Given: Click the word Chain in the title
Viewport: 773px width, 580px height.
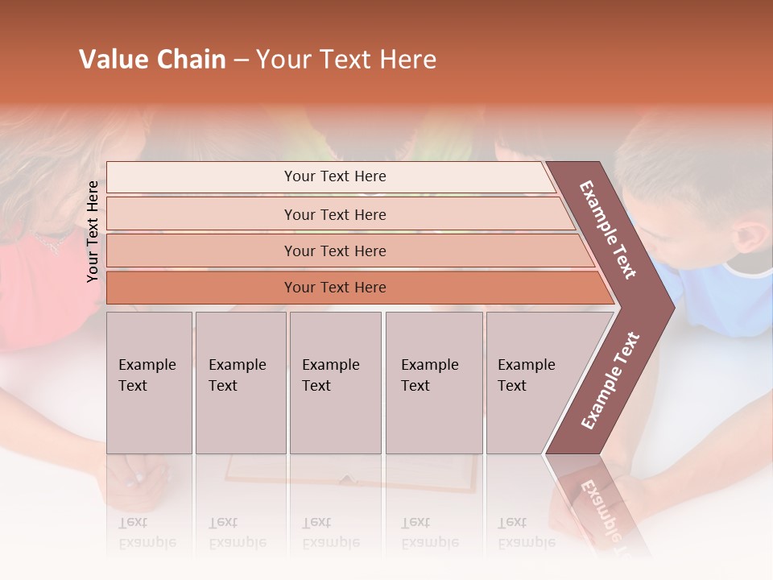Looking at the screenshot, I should pos(191,60).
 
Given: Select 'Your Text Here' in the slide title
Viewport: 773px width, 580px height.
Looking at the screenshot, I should pos(346,60).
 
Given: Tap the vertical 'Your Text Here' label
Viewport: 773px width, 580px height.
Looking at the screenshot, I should pos(93,231).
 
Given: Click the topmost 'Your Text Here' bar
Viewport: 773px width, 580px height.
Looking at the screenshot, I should pos(334,176).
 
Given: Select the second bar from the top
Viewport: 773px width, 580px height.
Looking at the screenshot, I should pos(334,214).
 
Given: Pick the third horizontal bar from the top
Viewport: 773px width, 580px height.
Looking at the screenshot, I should pos(334,251).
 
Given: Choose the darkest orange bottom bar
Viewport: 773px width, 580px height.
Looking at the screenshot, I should pos(334,288).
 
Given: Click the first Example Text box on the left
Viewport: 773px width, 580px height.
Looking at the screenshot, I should pos(149,383).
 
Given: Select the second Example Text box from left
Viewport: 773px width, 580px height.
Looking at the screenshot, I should pos(240,383).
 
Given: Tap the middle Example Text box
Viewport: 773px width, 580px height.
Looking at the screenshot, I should pos(335,383).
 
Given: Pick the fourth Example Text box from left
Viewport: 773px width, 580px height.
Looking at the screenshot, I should pos(433,383).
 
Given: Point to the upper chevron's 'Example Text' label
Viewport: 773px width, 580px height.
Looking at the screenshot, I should pos(608,230).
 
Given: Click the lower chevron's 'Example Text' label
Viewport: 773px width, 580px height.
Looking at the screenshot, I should pos(610,380).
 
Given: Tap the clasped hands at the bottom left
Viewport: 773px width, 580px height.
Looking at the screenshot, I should pos(138,475).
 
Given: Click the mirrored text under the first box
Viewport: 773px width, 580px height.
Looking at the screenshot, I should pos(147,532).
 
